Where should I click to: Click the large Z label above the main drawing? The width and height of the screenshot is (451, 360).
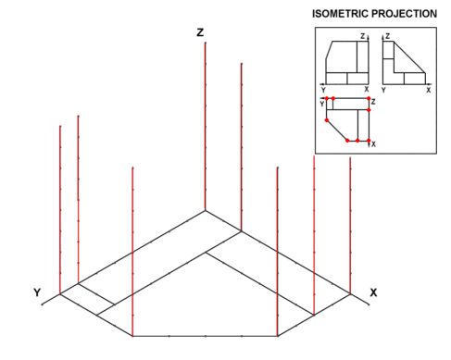(x=200, y=32)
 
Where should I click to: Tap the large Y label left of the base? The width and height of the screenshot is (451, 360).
(x=37, y=292)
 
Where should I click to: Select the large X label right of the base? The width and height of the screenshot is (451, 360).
(x=373, y=292)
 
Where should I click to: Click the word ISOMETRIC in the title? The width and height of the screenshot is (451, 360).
(x=340, y=14)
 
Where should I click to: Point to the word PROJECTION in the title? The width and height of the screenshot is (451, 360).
(x=404, y=14)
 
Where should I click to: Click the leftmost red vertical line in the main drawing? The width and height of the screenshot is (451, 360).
(x=60, y=210)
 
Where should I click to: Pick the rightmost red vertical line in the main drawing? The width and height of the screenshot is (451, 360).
(x=350, y=226)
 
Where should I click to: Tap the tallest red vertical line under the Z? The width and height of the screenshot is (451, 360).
(x=206, y=127)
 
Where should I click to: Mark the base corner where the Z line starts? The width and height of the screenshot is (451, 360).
(x=206, y=211)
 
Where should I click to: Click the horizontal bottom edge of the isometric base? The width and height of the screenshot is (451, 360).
(x=205, y=336)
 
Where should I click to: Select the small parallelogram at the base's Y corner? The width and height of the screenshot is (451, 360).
(x=87, y=299)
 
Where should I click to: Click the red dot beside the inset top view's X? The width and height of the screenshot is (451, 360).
(x=369, y=141)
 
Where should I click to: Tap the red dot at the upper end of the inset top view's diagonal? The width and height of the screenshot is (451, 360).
(x=327, y=120)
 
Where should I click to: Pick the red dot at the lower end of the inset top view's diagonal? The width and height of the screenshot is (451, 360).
(x=347, y=141)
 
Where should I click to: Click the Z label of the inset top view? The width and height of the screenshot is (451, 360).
(x=373, y=102)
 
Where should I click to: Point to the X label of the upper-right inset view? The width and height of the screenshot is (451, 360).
(x=429, y=90)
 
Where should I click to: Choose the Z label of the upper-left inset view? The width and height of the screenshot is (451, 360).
(x=363, y=36)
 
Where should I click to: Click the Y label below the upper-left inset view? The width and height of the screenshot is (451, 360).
(x=323, y=90)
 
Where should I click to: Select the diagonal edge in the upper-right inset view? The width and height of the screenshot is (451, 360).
(x=409, y=57)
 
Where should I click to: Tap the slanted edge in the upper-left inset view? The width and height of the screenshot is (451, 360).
(x=330, y=50)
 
